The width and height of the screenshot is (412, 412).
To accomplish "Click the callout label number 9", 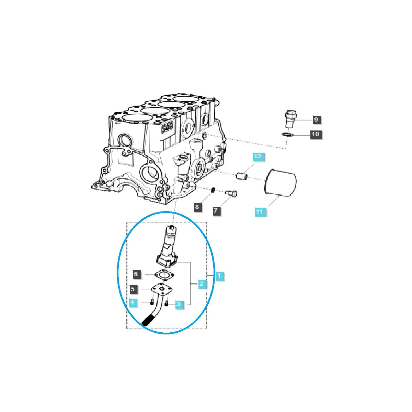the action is pos(316,119).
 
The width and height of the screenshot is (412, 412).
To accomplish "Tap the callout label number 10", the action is pos(316,134).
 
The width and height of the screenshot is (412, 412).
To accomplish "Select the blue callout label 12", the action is pos(258,156).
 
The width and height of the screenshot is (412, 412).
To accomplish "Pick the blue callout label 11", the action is pos(259,212).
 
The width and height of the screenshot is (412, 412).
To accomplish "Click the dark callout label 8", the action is pos(197,207).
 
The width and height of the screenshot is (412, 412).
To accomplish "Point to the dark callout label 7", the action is pos(216,211).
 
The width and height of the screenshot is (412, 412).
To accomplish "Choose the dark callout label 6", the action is pos(136,274).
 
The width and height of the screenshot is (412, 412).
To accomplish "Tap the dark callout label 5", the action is pos(133,289).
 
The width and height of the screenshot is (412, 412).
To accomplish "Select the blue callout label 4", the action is pos(133,302).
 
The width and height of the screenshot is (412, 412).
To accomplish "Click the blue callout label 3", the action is pos(179,304).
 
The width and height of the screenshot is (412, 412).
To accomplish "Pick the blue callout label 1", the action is pos(219,276).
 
